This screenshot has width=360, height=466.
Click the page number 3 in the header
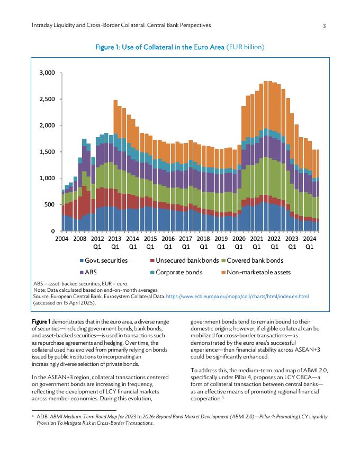(324, 25)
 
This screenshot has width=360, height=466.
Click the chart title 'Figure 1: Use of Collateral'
(159, 48)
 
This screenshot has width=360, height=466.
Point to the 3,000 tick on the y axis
(48, 73)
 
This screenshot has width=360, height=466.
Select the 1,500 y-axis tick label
(48, 152)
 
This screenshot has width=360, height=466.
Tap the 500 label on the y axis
(50, 204)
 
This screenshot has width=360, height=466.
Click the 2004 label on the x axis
(62, 239)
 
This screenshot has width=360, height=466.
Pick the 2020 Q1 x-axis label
(239, 243)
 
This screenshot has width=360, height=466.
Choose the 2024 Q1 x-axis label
(309, 243)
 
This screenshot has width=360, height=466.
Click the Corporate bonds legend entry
(177, 273)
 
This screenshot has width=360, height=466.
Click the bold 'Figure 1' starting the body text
(41, 321)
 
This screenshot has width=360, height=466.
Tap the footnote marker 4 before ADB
(34, 416)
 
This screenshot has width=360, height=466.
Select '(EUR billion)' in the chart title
(245, 48)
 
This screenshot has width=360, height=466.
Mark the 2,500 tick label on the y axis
(48, 99)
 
